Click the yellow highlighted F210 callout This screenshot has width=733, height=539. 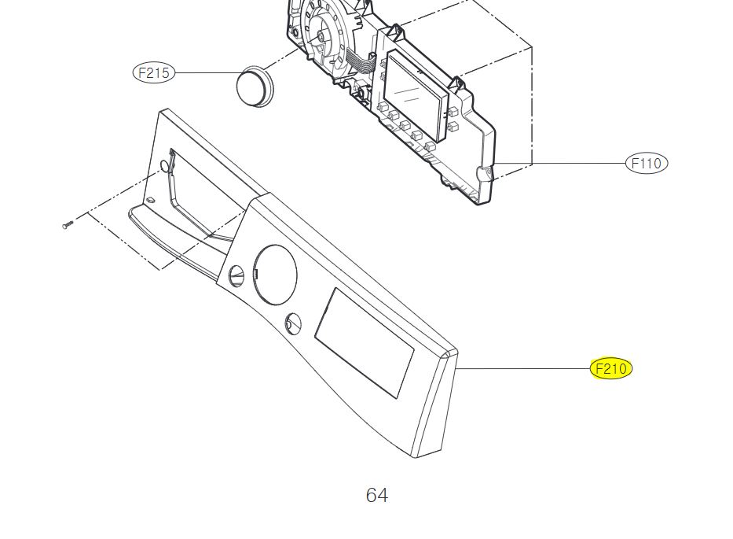pyautogui.click(x=611, y=369)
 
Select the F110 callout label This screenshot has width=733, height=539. pyautogui.click(x=647, y=163)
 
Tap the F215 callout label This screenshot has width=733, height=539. pyautogui.click(x=154, y=73)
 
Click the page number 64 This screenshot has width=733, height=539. pyautogui.click(x=377, y=495)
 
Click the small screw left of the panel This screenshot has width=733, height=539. pyautogui.click(x=68, y=225)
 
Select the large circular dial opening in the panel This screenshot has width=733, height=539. pyautogui.click(x=275, y=275)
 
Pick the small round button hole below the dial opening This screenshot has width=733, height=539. pyautogui.click(x=293, y=323)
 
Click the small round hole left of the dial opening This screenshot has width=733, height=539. pyautogui.click(x=237, y=276)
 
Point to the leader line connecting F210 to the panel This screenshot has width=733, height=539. pyautogui.click(x=523, y=369)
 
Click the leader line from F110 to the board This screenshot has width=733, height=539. pyautogui.click(x=560, y=163)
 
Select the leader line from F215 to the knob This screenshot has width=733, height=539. pyautogui.click(x=207, y=73)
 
